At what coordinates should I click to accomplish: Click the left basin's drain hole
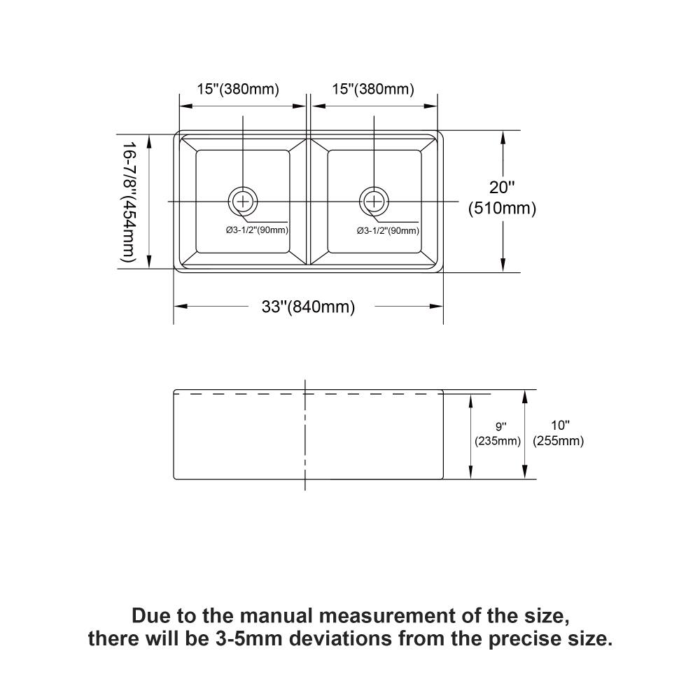(x=243, y=202)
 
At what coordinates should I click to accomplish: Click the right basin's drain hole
(x=374, y=202)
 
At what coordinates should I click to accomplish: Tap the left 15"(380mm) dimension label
(x=238, y=89)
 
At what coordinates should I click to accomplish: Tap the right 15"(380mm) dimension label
(x=373, y=89)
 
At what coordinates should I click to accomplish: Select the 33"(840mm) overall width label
(x=308, y=307)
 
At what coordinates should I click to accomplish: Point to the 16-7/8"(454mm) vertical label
(x=127, y=202)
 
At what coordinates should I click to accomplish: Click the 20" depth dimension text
(x=502, y=187)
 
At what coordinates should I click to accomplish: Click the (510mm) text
(x=502, y=209)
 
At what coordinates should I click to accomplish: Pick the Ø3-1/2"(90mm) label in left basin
(x=257, y=230)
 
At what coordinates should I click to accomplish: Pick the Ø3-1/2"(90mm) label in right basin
(x=388, y=230)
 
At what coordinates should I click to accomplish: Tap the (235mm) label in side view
(x=498, y=441)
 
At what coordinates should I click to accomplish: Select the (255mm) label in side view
(x=558, y=441)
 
